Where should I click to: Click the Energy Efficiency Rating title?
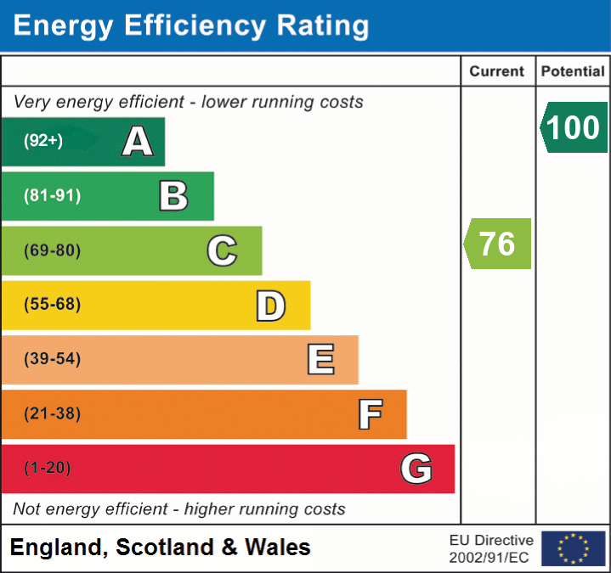click(x=191, y=25)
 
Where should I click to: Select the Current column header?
click(x=497, y=72)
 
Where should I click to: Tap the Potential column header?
click(x=573, y=72)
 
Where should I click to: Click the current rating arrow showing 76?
click(x=498, y=244)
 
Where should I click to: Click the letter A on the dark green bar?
click(x=138, y=142)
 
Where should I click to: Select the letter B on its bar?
click(x=174, y=196)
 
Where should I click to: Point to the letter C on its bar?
click(x=222, y=250)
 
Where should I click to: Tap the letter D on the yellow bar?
click(x=271, y=306)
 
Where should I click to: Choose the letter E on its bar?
click(x=320, y=360)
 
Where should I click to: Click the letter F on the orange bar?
click(x=370, y=414)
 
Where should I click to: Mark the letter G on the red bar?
click(x=416, y=469)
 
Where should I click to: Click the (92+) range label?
click(x=43, y=142)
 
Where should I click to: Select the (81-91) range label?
click(x=53, y=196)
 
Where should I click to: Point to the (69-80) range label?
click(x=53, y=250)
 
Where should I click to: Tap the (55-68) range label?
click(x=53, y=305)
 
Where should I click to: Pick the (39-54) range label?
click(x=53, y=359)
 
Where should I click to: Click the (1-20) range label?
click(x=48, y=468)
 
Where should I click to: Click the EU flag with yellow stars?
click(x=574, y=548)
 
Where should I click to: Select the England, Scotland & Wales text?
click(x=161, y=548)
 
